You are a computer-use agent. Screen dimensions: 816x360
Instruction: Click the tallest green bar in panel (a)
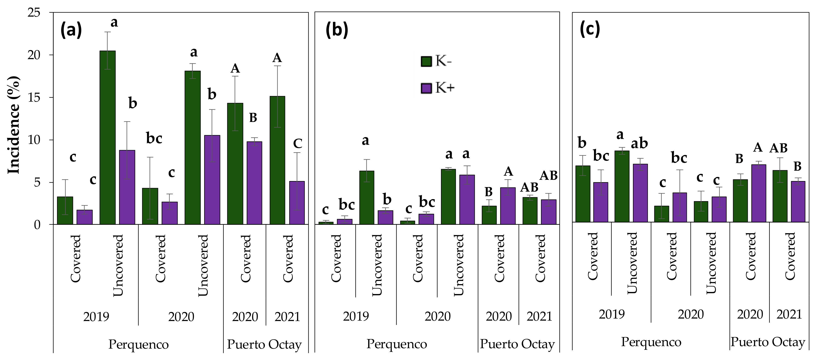click(x=108, y=137)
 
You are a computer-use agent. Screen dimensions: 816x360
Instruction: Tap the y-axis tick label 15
click(x=34, y=98)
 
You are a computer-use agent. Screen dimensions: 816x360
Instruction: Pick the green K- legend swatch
click(x=426, y=61)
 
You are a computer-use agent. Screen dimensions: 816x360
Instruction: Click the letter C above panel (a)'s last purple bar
click(x=297, y=144)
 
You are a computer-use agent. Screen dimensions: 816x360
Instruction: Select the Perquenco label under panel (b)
click(x=397, y=344)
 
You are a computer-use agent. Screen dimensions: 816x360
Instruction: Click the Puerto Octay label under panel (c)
click(x=768, y=342)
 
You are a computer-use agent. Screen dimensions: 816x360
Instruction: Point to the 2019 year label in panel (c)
click(x=612, y=314)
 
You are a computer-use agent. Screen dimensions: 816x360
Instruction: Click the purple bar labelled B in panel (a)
click(x=254, y=183)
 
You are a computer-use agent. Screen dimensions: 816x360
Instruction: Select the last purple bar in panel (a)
click(x=297, y=203)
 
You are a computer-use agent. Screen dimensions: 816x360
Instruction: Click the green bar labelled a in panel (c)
click(x=622, y=186)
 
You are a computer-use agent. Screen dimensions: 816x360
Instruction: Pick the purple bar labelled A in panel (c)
click(x=759, y=193)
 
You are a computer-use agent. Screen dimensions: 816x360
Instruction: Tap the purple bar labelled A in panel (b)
click(x=508, y=206)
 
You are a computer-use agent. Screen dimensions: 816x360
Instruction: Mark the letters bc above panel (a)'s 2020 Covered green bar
click(x=154, y=139)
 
